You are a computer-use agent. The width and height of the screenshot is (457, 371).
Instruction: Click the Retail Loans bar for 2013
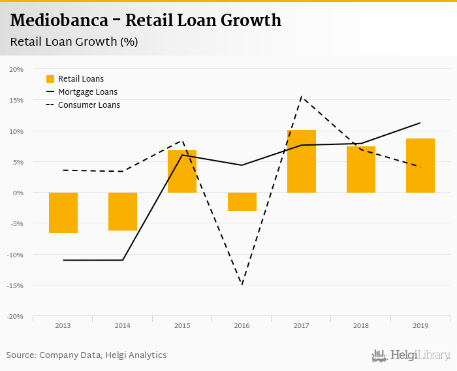pos(63,213)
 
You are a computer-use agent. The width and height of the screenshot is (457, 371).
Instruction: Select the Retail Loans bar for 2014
pos(123,212)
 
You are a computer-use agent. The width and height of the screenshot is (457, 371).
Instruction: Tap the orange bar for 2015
pos(182,172)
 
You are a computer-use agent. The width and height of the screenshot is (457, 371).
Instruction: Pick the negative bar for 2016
pos(242,202)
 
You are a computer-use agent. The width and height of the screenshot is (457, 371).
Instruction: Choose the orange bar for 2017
pos(301,161)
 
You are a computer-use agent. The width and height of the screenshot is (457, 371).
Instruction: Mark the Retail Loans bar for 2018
pos(360,170)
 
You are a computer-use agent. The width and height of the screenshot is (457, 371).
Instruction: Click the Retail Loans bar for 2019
pos(420,166)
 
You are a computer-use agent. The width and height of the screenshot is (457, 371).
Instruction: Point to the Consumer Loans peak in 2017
pos(301,97)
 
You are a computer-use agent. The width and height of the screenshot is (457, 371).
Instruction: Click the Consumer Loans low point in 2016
pos(242,284)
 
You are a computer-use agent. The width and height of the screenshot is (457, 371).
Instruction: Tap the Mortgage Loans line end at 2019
pos(420,123)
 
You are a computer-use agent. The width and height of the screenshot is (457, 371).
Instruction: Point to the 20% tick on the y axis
pos(17,69)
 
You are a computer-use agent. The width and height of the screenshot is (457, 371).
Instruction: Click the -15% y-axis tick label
pos(16,285)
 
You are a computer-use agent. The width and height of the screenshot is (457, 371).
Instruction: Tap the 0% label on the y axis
pos(19,193)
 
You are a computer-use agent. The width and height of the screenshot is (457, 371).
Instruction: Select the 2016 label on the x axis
pos(242,325)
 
